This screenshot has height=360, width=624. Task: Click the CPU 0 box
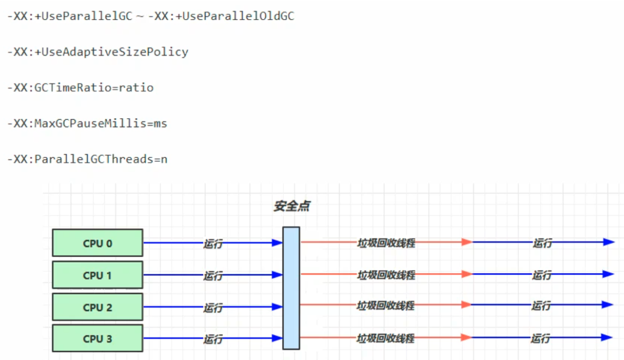click(98, 243)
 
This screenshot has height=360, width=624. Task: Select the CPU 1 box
click(98, 275)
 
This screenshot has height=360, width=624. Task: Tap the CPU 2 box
click(98, 307)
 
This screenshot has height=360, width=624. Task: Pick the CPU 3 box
click(98, 338)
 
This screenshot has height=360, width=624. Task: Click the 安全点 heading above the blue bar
click(292, 206)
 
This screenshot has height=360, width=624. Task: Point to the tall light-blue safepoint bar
click(291, 288)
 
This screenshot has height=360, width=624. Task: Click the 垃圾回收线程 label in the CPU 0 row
click(386, 243)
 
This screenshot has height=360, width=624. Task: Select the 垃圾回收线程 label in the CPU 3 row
click(386, 338)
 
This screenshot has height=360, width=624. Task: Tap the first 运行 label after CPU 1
click(213, 276)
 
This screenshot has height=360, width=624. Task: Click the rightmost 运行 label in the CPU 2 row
click(541, 306)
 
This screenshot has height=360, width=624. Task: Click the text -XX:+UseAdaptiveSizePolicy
click(98, 52)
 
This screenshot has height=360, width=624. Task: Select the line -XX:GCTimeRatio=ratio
click(80, 88)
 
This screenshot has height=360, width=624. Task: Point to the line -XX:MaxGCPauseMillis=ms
click(87, 124)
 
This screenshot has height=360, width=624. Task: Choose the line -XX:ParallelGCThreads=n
click(87, 160)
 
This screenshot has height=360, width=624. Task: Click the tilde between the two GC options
click(140, 17)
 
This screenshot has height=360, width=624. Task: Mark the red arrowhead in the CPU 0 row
click(467, 242)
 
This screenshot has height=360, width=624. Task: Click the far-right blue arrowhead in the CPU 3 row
click(608, 338)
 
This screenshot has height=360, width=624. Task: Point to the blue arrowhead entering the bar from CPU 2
click(277, 307)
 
